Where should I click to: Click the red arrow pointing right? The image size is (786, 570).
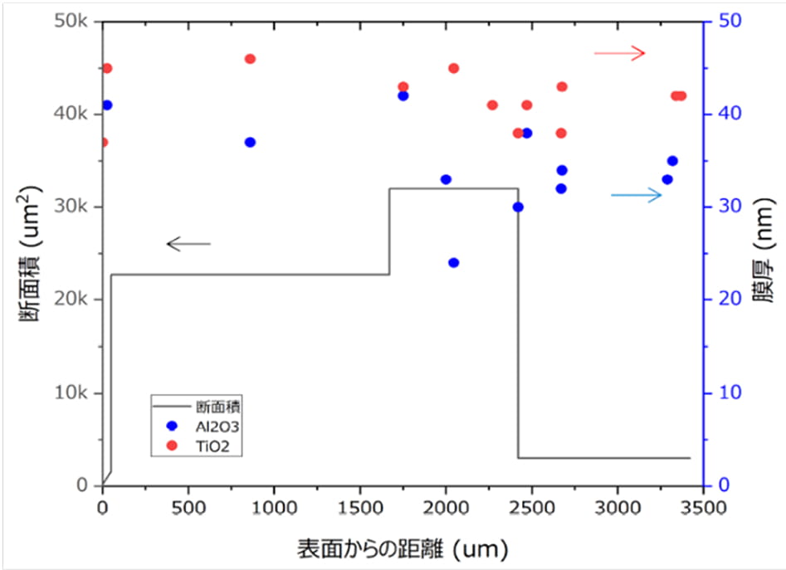(619, 53)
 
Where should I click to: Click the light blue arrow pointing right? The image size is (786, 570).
(636, 195)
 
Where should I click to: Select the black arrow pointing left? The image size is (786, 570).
(189, 243)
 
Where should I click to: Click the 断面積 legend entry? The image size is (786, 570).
(200, 407)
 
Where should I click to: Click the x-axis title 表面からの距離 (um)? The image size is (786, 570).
(402, 548)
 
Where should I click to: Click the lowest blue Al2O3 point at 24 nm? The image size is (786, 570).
(453, 262)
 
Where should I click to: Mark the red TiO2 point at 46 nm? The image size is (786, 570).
(250, 59)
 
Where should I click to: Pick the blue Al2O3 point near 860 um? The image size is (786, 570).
(250, 142)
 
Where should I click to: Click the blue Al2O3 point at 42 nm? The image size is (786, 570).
(403, 95)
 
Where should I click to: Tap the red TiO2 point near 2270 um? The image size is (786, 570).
(492, 105)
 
